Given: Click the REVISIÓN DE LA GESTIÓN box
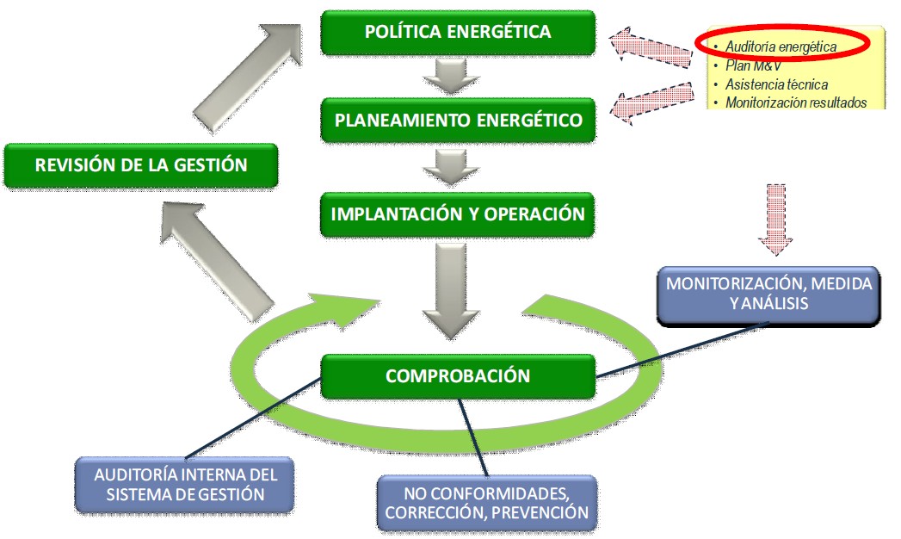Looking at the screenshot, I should [141, 164].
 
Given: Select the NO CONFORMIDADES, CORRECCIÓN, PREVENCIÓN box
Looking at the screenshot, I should [487, 503].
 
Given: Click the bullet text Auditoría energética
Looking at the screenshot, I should [781, 46].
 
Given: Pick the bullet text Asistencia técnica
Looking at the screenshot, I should [776, 84].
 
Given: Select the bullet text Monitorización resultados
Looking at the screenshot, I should [794, 102].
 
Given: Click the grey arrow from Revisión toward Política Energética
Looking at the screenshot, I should [249, 70].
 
